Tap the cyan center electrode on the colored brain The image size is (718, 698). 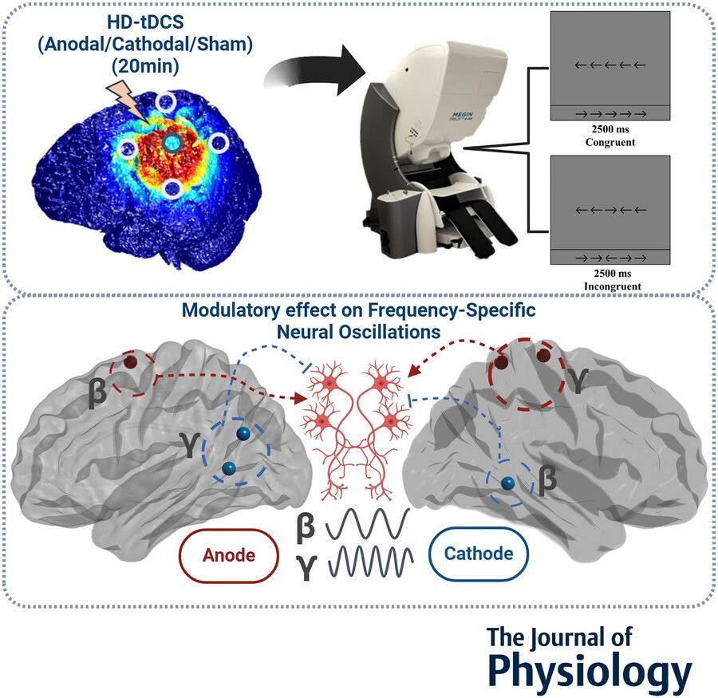click(x=172, y=142)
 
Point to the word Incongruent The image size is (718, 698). click(x=609, y=285)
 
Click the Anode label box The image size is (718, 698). click(x=230, y=554)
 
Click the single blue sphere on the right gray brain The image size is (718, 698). click(x=507, y=483)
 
